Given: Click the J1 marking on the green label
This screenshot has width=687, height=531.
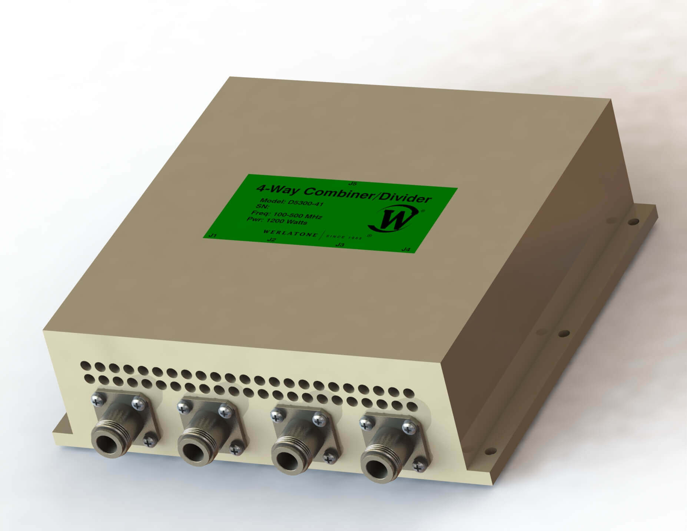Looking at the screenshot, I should click(213, 235).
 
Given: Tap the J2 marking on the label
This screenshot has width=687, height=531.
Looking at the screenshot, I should click(272, 240).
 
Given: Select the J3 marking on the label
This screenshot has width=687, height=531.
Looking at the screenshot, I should click(339, 245).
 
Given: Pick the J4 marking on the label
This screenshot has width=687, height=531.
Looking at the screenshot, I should click(406, 250).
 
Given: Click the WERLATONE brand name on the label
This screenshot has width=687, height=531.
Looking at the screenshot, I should click(290, 234).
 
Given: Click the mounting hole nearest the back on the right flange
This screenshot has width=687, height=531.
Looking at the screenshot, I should click(634, 222).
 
